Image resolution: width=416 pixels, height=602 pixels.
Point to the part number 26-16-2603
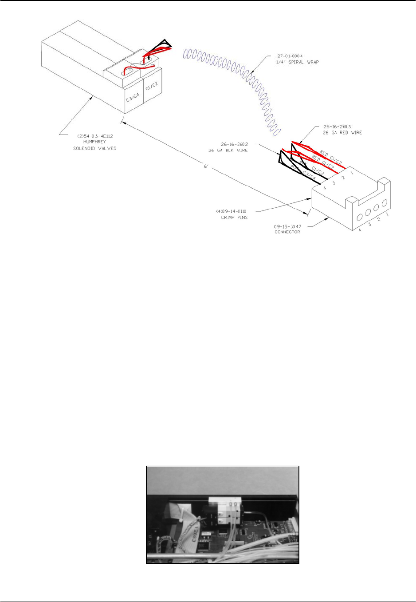pyautogui.click(x=337, y=127)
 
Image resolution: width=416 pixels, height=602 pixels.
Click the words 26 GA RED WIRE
pyautogui.click(x=342, y=133)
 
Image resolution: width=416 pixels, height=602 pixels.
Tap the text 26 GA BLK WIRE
pyautogui.click(x=228, y=150)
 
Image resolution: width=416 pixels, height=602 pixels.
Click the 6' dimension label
pyautogui.click(x=206, y=166)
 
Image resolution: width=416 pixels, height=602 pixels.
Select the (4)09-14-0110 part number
pyautogui.click(x=231, y=211)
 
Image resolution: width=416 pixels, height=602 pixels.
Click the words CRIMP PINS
pyautogui.click(x=234, y=218)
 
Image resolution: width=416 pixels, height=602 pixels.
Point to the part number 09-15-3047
pyautogui.click(x=287, y=226)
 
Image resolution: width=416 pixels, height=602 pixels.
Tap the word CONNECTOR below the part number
pyautogui.click(x=287, y=232)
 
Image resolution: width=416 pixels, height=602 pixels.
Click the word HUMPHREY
pyautogui.click(x=94, y=142)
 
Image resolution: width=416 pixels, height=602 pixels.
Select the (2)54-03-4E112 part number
pyautogui.click(x=94, y=136)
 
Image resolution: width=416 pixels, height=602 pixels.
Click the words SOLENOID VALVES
pyautogui.click(x=94, y=148)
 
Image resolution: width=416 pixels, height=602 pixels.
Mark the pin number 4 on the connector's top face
pyautogui.click(x=324, y=188)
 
